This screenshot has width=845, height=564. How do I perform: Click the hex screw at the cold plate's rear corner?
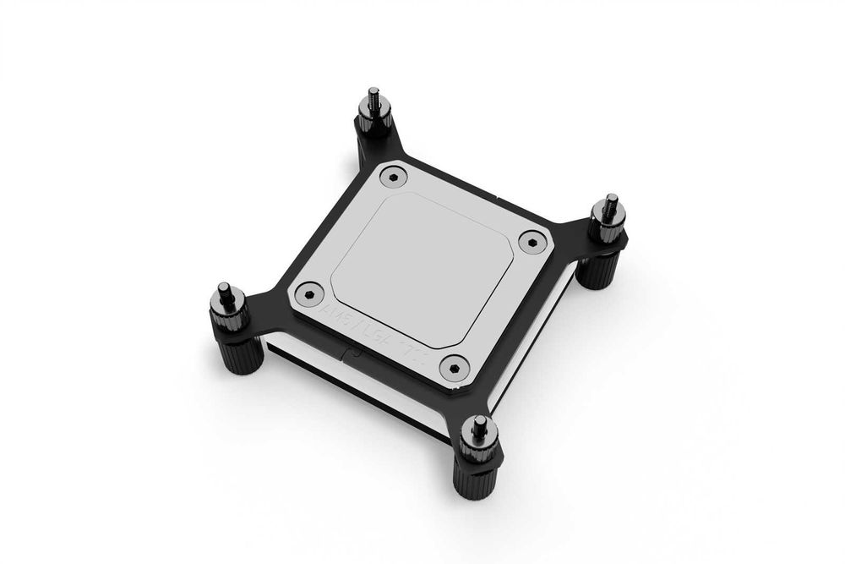393,177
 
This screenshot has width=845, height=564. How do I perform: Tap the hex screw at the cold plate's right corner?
530,241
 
